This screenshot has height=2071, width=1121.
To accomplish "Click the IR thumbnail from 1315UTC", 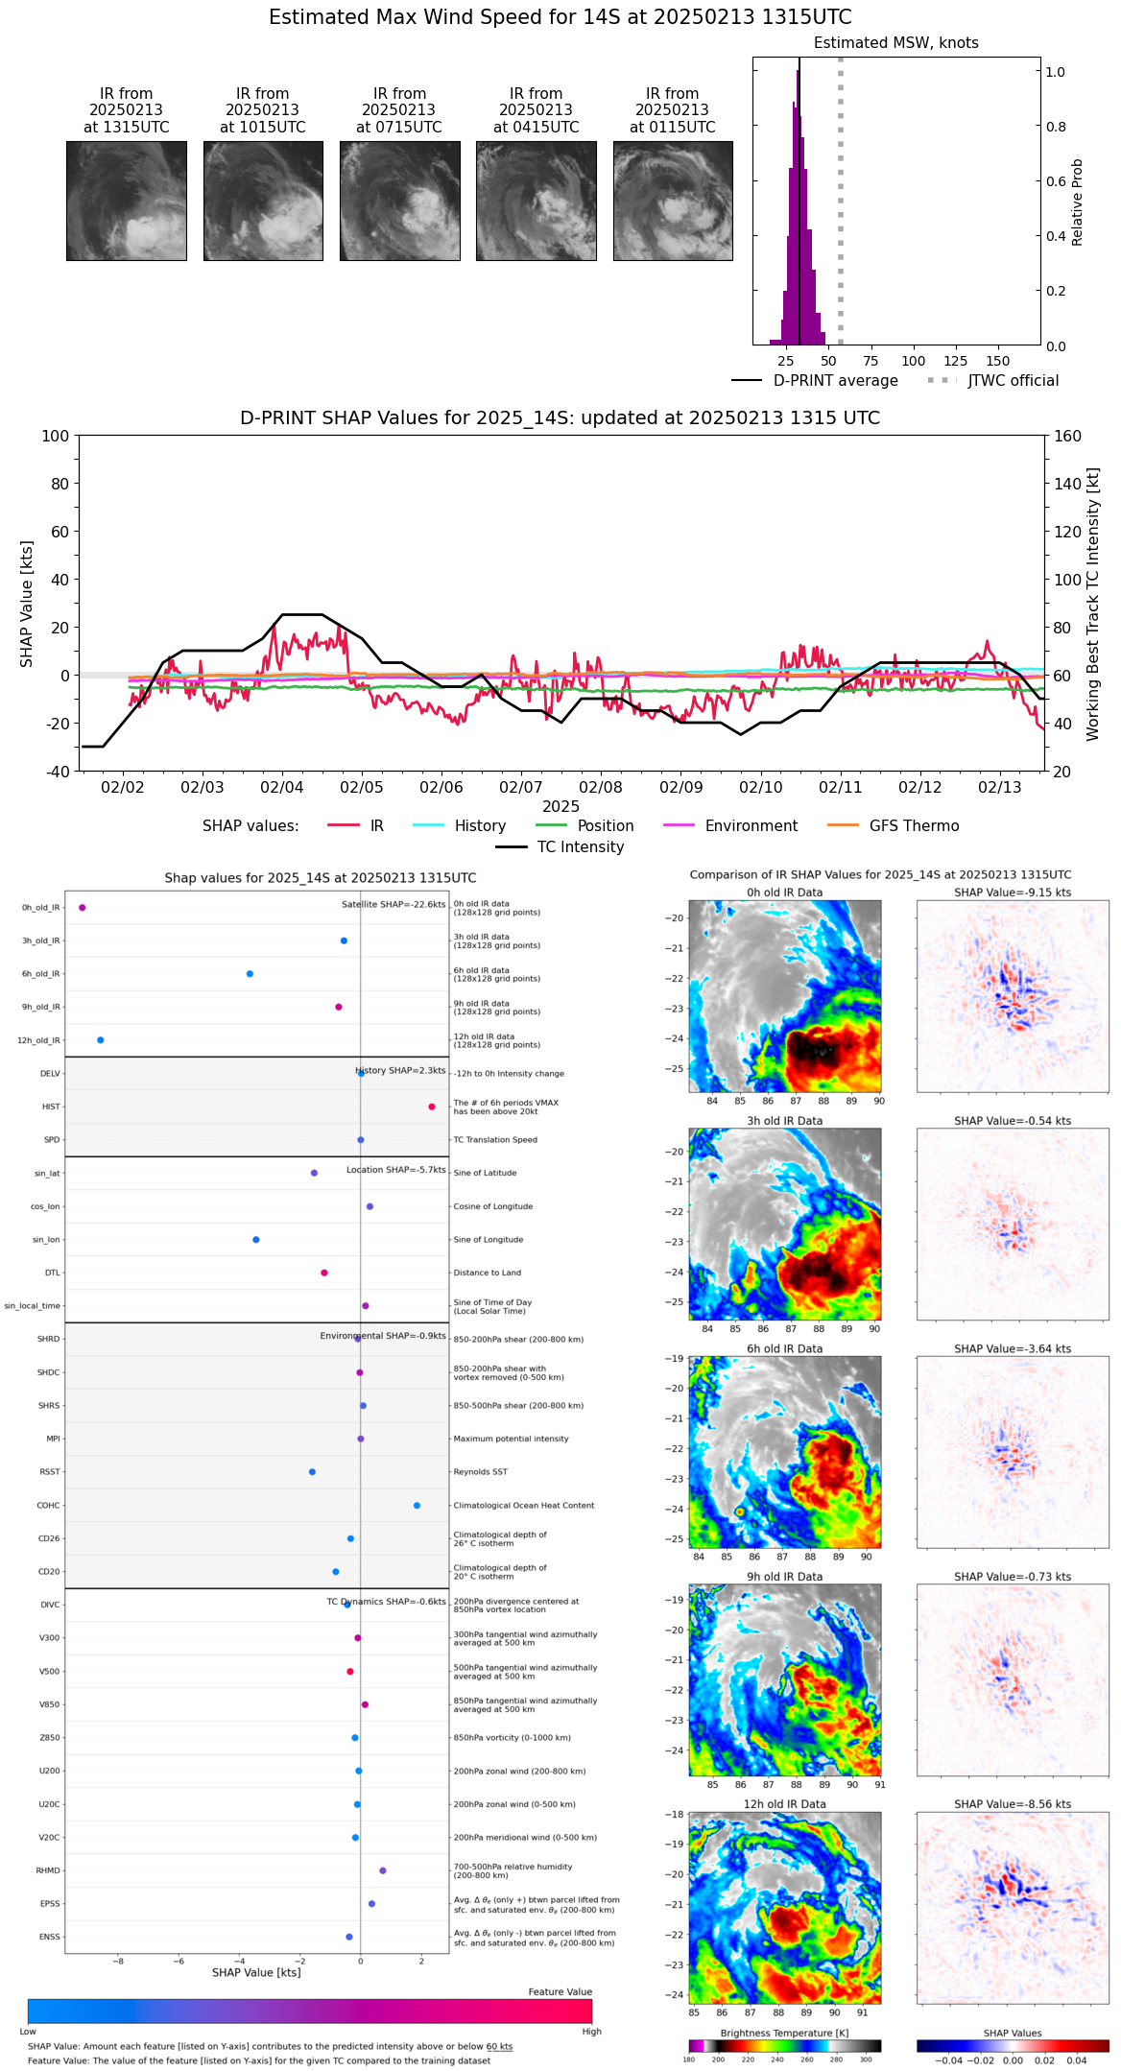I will coord(126,201).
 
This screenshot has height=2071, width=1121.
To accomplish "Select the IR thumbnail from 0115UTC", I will coord(673,201).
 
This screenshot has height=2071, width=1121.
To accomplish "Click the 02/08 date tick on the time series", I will coord(601,788).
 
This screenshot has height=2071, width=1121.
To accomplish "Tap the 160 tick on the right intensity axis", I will coord(1068,436).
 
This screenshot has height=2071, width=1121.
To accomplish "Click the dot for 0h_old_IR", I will coord(83,908).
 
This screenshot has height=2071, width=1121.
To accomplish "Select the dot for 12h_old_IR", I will coord(101,1040).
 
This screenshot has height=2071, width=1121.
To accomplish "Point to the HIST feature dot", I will coord(432,1107).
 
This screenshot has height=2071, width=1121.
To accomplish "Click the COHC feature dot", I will coord(417,1506).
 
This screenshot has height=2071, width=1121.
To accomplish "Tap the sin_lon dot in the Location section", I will coord(256,1240).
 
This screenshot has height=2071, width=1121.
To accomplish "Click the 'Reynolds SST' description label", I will coord(480,1472).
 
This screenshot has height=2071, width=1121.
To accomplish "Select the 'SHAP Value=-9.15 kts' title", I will coord(1013,893).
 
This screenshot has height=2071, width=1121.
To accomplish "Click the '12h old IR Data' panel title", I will coord(784,1804).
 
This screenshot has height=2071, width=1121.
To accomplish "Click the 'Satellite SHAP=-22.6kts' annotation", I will coord(394,905).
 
